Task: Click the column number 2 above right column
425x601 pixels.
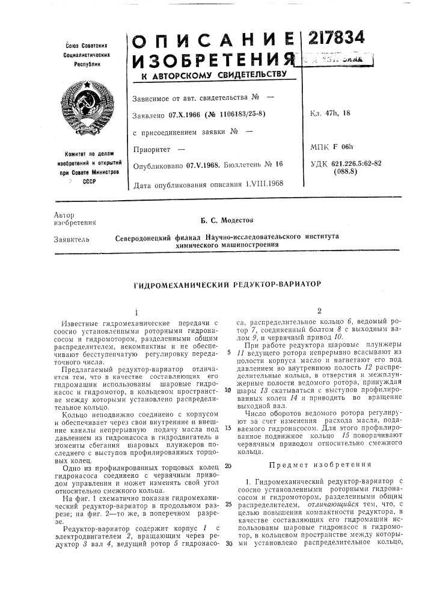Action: point(320,311)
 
